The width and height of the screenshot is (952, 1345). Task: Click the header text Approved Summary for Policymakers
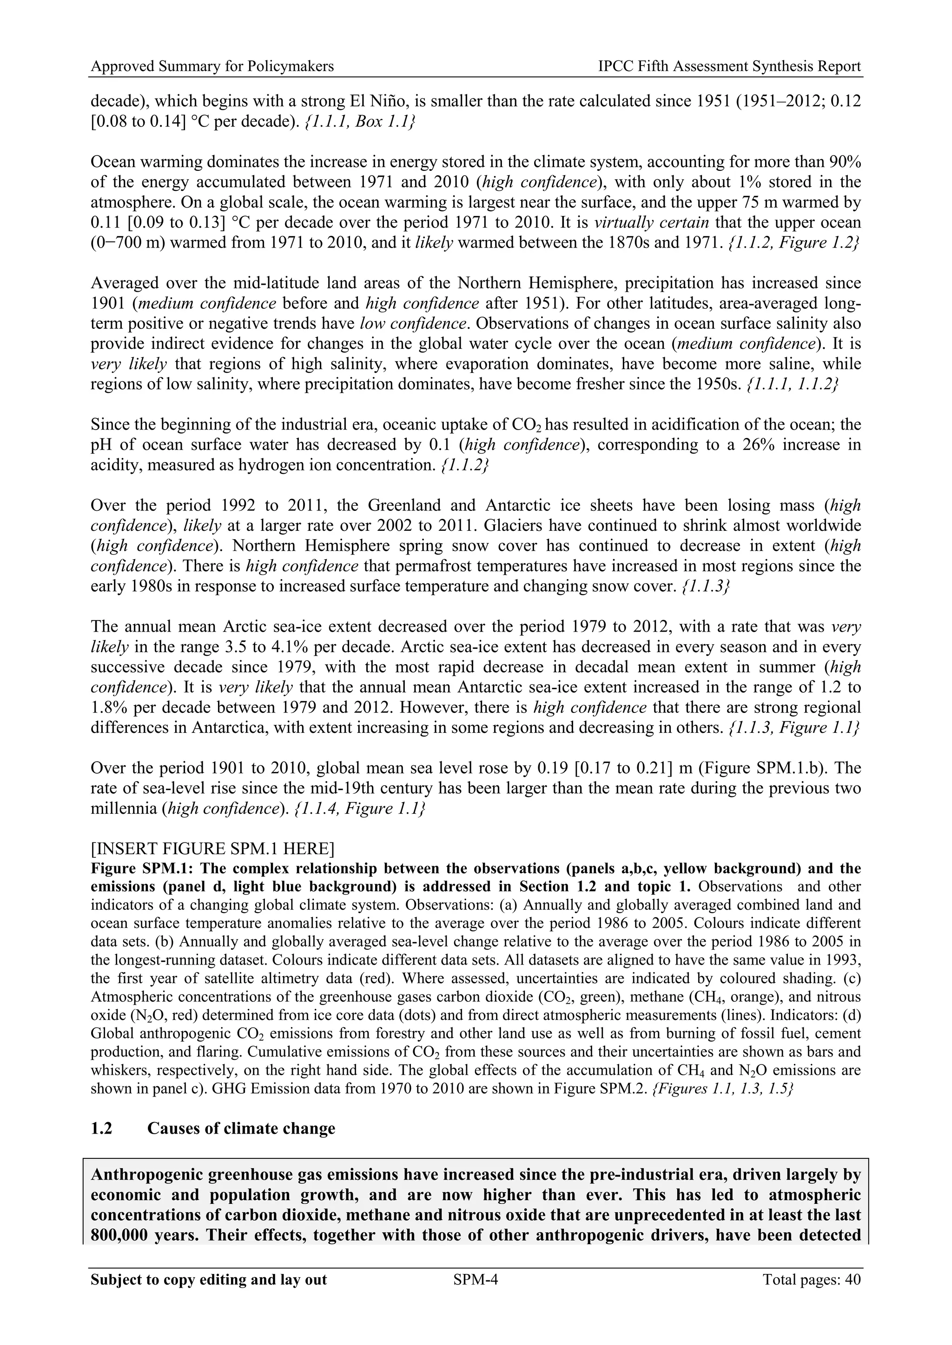pos(212,66)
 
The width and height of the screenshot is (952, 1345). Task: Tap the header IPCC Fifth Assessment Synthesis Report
pos(729,66)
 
